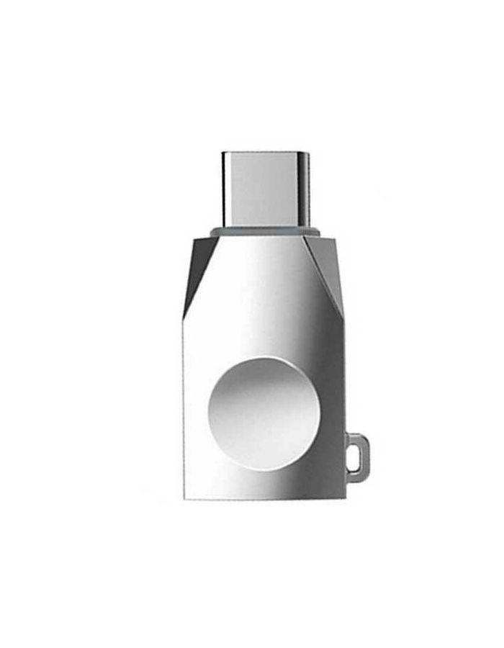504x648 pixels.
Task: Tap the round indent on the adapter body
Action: (x=254, y=413)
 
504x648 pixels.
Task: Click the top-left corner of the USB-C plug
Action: (x=223, y=153)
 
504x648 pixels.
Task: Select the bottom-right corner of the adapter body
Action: (x=344, y=498)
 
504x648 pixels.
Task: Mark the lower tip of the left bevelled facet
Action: (x=184, y=317)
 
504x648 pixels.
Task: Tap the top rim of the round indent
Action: (x=254, y=357)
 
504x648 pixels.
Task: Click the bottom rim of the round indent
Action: (x=254, y=470)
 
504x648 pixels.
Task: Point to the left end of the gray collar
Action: (x=211, y=232)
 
